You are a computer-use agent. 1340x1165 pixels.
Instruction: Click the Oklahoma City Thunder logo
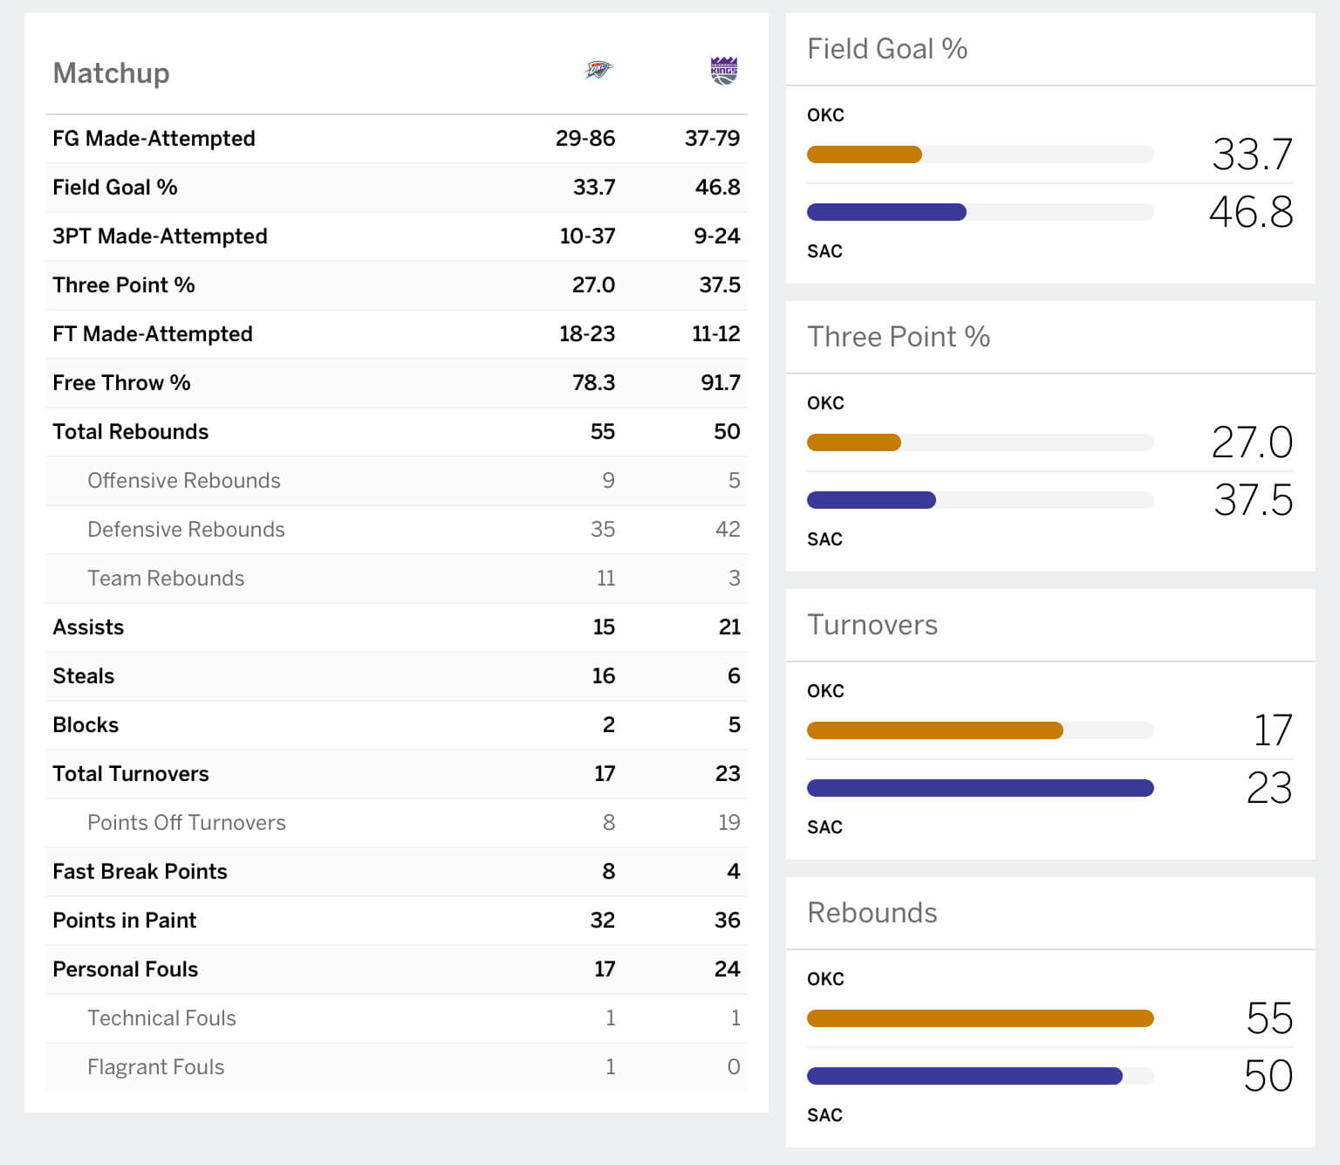click(598, 70)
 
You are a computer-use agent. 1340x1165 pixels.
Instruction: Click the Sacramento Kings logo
click(724, 70)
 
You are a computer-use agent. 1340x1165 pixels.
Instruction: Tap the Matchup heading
click(111, 73)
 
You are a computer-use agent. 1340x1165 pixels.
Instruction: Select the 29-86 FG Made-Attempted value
click(585, 138)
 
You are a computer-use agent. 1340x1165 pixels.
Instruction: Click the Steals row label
click(83, 675)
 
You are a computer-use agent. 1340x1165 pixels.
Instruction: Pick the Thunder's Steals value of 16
click(603, 675)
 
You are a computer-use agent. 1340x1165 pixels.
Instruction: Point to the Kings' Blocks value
click(734, 724)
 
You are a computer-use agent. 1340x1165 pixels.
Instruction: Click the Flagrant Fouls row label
click(155, 1066)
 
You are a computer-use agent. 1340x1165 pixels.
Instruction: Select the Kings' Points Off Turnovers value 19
click(728, 822)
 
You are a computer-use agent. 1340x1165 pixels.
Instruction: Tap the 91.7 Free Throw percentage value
click(720, 382)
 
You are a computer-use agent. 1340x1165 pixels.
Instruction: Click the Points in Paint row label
click(124, 920)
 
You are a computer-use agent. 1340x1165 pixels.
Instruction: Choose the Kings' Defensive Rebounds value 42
click(728, 529)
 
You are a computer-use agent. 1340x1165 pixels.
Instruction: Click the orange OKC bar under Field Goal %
click(864, 154)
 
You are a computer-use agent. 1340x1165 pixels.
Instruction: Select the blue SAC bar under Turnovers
click(980, 788)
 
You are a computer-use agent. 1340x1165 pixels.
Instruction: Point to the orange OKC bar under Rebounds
click(980, 1018)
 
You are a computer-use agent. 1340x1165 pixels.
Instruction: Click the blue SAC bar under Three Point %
click(871, 500)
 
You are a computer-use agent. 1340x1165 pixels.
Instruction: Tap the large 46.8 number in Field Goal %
click(1250, 212)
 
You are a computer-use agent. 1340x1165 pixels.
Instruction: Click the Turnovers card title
click(872, 625)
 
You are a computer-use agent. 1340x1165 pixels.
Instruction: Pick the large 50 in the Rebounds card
click(1268, 1076)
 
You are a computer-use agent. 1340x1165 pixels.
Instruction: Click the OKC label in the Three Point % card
click(825, 403)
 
